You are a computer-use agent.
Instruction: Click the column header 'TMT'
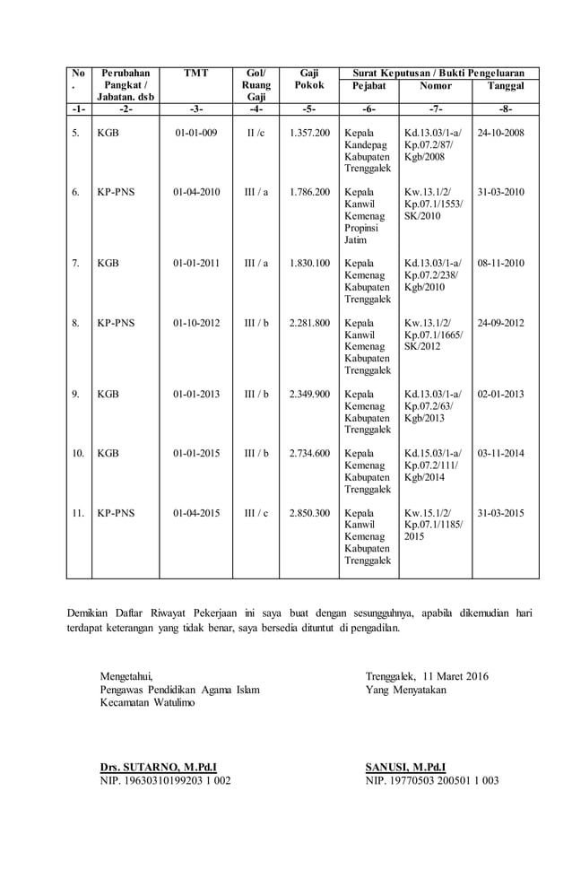pyautogui.click(x=196, y=73)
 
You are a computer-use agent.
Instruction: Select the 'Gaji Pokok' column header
pyautogui.click(x=309, y=79)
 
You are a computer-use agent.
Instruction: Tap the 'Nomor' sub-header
pyautogui.click(x=436, y=86)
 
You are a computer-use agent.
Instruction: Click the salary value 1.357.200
pyautogui.click(x=309, y=133)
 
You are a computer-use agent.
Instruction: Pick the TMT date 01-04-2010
pyautogui.click(x=196, y=192)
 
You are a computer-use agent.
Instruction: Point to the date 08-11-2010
pyautogui.click(x=501, y=264)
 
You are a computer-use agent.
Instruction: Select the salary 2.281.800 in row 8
pyautogui.click(x=309, y=323)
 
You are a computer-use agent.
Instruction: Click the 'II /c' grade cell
pyautogui.click(x=256, y=133)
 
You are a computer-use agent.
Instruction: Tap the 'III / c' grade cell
pyautogui.click(x=256, y=513)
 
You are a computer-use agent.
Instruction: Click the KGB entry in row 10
pyautogui.click(x=108, y=454)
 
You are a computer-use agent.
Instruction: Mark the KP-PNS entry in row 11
pyautogui.click(x=116, y=513)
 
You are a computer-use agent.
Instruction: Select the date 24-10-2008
pyautogui.click(x=501, y=133)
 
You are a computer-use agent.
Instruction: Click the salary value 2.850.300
pyautogui.click(x=309, y=513)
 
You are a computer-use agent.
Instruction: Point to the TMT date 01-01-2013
pyautogui.click(x=196, y=394)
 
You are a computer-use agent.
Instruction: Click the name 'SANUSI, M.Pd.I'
pyautogui.click(x=405, y=767)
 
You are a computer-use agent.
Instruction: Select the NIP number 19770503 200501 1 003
pyautogui.click(x=432, y=780)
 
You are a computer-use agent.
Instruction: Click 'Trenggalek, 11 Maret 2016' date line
pyautogui.click(x=427, y=676)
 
